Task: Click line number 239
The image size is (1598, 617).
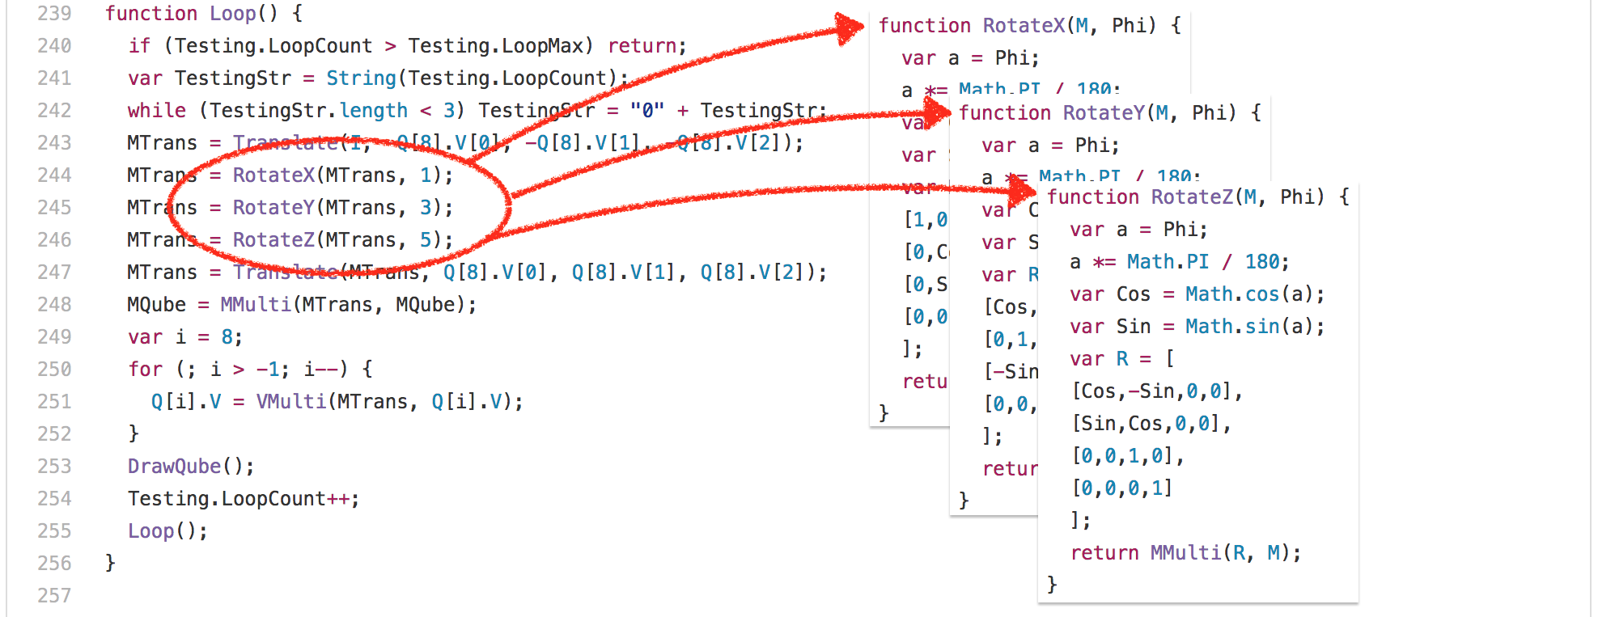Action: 54,14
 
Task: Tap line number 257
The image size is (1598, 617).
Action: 54,596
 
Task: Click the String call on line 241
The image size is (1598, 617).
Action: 361,78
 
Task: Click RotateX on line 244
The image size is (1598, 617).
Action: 273,175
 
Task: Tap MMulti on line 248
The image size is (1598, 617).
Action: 255,305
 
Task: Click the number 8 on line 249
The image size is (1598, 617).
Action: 227,337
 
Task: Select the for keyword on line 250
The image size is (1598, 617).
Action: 145,370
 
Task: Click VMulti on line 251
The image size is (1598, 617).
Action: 290,402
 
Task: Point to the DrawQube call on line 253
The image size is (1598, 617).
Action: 174,467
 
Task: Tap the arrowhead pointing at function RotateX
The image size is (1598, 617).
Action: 850,28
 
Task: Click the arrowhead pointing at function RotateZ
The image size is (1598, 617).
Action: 1024,192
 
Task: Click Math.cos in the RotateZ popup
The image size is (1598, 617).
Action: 1232,294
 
